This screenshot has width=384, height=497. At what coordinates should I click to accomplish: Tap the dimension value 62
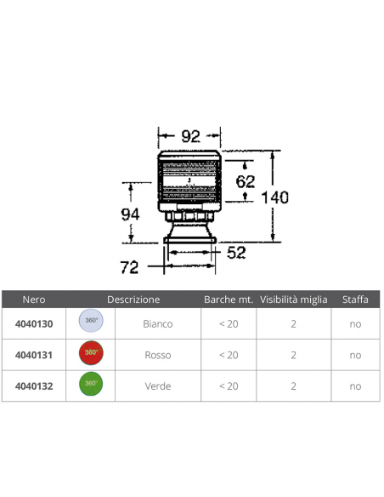point(245,180)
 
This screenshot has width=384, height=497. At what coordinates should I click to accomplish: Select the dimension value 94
point(129,214)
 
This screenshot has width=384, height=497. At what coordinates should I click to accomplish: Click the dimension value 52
point(235,252)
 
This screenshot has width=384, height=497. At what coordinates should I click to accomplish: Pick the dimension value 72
point(129,267)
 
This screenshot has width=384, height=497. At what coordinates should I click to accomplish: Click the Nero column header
point(35,300)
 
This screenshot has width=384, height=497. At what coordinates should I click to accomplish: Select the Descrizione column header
point(133,300)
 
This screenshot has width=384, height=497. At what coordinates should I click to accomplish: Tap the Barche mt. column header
point(229,300)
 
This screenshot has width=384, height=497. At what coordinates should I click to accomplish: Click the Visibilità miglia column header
point(293,300)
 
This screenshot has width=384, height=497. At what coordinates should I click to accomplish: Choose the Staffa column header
point(354,300)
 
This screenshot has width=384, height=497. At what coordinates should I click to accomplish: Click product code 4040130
point(35,323)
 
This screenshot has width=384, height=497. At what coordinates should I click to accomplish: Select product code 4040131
point(35,354)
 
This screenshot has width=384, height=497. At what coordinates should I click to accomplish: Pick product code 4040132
point(35,386)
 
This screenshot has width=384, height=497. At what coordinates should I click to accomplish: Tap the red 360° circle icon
point(91,352)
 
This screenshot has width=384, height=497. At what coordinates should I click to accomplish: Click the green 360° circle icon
point(91,384)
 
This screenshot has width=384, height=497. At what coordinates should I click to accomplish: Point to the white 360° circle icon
point(91,322)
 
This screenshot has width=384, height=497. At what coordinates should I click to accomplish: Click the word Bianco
point(158,324)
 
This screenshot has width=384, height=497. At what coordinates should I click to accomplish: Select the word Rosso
point(158,355)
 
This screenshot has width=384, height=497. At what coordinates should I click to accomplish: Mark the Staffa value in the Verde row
point(355,386)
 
